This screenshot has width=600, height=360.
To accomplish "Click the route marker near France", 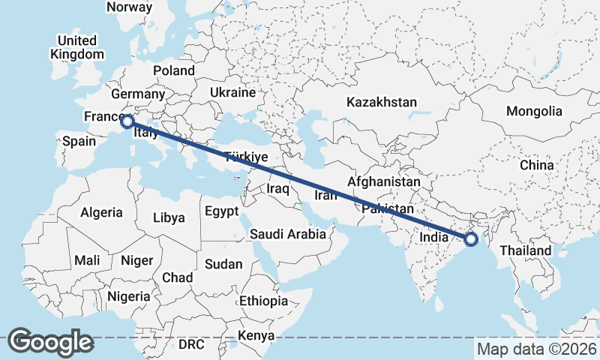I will (127, 121).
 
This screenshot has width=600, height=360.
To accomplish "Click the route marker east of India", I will (471, 239).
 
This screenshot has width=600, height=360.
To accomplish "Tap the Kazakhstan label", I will (381, 101).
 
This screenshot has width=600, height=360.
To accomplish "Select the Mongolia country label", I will (534, 111).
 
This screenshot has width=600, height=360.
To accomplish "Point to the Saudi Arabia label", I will (288, 233).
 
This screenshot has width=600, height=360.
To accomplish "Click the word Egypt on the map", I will (221, 211).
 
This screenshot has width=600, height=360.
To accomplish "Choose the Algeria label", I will (101, 212).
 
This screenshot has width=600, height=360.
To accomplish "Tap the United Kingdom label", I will (77, 47).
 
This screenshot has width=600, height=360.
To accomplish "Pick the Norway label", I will (130, 7).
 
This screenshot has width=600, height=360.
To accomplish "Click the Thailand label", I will (526, 250).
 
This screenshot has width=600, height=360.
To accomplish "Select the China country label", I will (536, 165).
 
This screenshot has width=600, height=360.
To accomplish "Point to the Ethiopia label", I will (263, 301).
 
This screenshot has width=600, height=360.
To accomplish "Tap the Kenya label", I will (256, 335).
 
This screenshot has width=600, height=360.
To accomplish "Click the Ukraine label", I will (233, 92).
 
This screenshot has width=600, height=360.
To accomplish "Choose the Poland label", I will (173, 71).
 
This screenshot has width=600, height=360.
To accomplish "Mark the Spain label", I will (79, 141).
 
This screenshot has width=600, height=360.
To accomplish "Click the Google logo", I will (50, 342).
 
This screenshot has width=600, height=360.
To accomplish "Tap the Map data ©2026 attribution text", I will (536, 349).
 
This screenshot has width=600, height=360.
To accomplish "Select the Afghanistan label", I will (384, 181).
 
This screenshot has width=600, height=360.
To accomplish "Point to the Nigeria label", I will (129, 296).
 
